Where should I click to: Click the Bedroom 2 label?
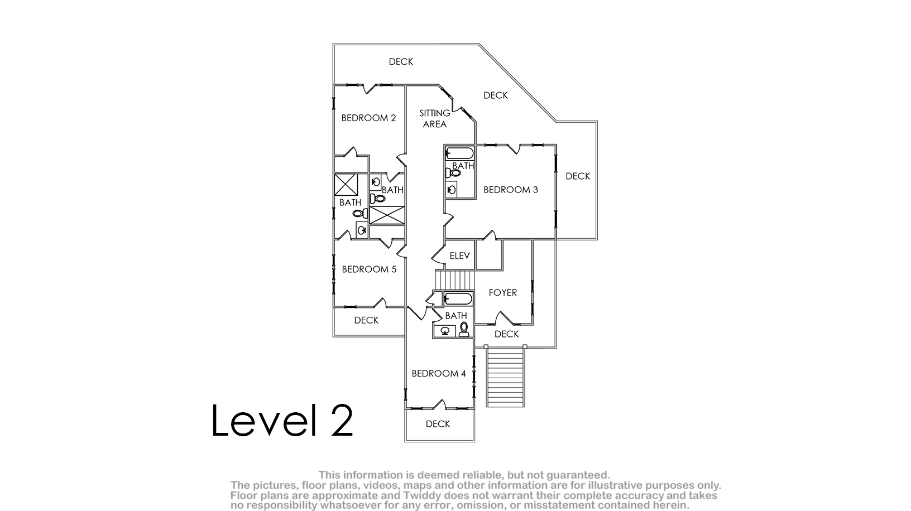[368, 118]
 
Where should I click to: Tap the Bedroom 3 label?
[510, 190]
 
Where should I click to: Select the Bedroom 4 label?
[438, 373]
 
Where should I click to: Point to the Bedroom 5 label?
[369, 269]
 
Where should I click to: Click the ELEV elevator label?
[459, 255]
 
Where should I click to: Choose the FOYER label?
[503, 293]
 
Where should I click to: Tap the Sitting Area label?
[435, 118]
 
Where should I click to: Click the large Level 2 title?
[282, 420]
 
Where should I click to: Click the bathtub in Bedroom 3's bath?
[459, 153]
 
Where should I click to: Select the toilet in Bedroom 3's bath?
[453, 173]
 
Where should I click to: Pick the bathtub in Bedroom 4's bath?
[458, 299]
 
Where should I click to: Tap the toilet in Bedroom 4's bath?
[464, 329]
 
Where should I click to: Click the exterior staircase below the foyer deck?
[506, 377]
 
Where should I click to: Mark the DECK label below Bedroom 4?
[438, 424]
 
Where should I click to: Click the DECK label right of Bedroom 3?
[578, 176]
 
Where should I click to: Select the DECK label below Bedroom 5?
[366, 320]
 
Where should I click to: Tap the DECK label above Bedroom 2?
[401, 61]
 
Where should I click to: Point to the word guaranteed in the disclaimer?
[578, 475]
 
